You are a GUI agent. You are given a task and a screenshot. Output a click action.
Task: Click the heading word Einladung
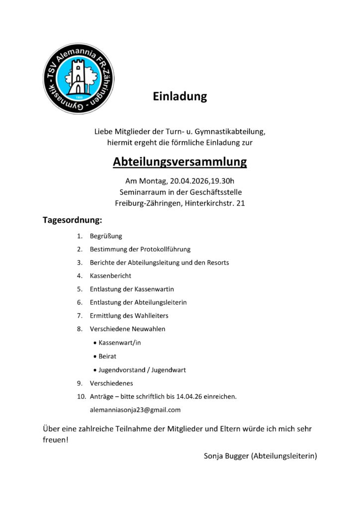(180, 96)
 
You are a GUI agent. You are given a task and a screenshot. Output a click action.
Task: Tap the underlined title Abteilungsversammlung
(180, 162)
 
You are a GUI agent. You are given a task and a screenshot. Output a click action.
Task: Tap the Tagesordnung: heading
(72, 219)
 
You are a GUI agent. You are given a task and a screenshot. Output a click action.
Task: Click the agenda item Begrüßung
(106, 236)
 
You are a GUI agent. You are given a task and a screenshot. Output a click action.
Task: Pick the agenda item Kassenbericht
(110, 275)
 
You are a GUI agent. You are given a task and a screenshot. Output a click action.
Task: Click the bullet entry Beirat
(107, 356)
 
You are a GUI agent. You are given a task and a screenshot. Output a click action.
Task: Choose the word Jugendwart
(169, 370)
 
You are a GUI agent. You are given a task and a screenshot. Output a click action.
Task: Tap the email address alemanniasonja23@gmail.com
(135, 410)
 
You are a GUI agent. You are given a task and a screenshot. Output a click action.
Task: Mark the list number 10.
(81, 397)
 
